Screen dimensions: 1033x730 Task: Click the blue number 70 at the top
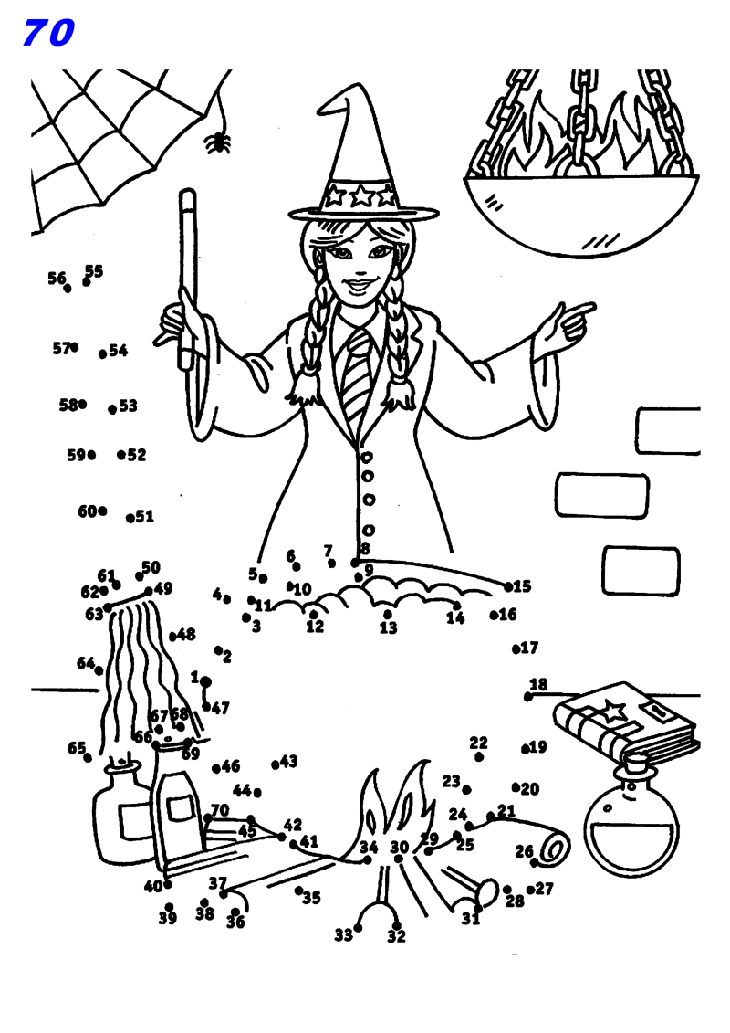[x=48, y=34]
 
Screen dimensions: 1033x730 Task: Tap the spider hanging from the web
[x=217, y=142]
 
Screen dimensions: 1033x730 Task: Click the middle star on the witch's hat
[x=362, y=195]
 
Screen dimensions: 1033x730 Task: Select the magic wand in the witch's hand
[x=187, y=274]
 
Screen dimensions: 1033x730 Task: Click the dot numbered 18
[x=528, y=697]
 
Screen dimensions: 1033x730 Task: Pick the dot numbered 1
[x=206, y=681]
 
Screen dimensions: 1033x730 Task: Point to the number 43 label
[x=289, y=761]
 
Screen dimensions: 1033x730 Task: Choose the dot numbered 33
[x=358, y=928]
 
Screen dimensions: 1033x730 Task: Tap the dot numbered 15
[x=509, y=586]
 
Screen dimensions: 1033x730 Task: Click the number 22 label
[x=479, y=743]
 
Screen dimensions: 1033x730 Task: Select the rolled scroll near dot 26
[x=552, y=849]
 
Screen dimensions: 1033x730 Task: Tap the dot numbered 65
[x=88, y=757]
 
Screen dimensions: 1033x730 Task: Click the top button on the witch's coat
[x=367, y=457]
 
